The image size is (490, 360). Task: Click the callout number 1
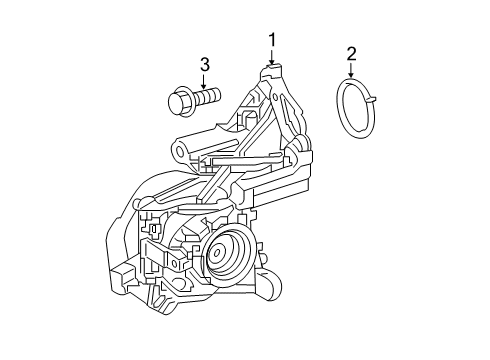point(270,40)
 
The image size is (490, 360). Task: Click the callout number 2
point(351,54)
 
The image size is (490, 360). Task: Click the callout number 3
point(204,65)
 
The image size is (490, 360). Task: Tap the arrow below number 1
point(270,58)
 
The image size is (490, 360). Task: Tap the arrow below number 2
point(351,72)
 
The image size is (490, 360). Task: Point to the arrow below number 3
point(204,83)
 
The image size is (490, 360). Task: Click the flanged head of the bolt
point(179,101)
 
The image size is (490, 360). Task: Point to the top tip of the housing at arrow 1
point(271,71)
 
